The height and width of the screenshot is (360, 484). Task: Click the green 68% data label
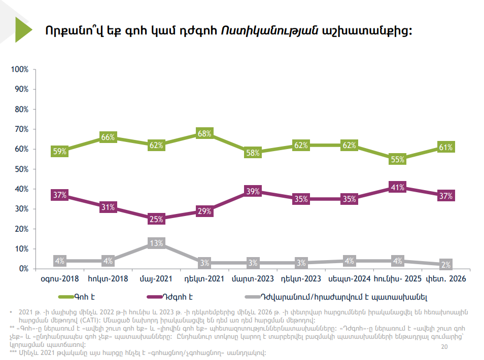(x=204, y=133)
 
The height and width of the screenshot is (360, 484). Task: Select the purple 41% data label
(x=397, y=187)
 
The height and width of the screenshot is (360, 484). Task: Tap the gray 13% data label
(x=156, y=243)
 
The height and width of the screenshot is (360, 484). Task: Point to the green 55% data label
(x=397, y=159)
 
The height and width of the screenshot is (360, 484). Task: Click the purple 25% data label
(x=156, y=219)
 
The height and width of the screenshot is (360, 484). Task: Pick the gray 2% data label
(x=445, y=265)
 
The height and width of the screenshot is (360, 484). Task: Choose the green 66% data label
(x=108, y=137)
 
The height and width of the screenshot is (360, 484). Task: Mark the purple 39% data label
(x=253, y=191)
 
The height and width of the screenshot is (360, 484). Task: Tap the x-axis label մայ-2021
(x=156, y=279)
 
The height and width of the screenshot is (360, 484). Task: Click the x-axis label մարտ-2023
(x=253, y=279)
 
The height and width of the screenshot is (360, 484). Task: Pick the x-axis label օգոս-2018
(x=60, y=279)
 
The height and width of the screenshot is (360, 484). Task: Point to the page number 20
(x=445, y=347)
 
